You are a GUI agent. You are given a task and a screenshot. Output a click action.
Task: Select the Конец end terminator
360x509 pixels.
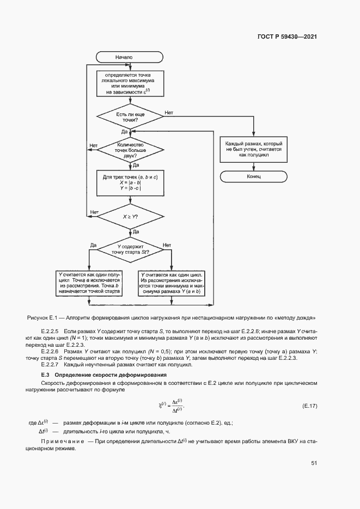(254, 177)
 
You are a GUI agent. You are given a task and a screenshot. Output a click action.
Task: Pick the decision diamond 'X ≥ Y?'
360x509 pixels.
(130, 216)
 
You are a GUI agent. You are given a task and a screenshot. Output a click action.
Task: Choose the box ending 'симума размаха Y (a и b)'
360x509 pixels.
(172, 284)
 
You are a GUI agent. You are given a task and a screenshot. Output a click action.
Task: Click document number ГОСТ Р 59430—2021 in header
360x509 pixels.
(288, 37)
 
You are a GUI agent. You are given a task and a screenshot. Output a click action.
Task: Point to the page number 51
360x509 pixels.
(314, 463)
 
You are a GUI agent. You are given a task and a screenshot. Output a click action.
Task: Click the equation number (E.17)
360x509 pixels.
(309, 406)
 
